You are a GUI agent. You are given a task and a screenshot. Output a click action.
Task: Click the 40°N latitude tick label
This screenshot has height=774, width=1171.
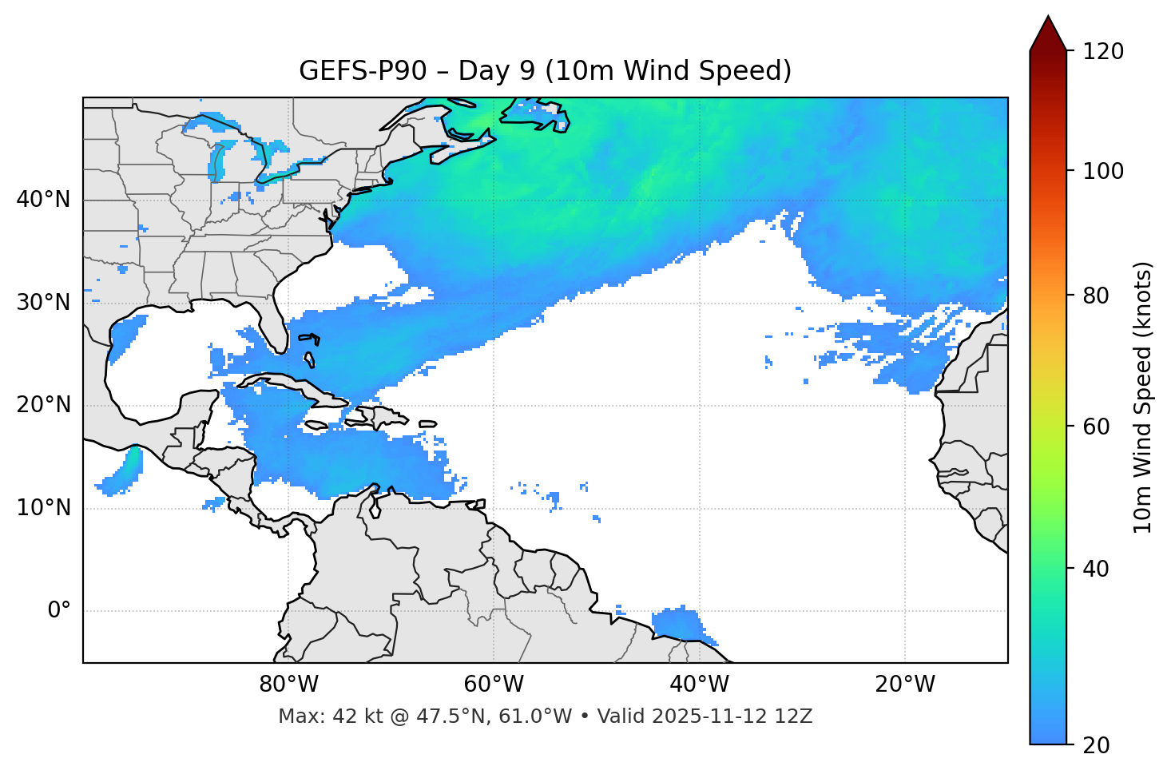tap(43, 200)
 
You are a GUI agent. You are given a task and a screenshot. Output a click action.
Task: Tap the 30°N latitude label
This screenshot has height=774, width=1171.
tap(43, 303)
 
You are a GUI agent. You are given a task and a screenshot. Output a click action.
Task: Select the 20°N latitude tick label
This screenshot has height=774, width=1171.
tap(43, 405)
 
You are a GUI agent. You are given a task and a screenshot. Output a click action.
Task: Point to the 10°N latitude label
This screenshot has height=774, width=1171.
tap(43, 508)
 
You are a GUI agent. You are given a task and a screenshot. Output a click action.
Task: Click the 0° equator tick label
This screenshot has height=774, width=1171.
tap(59, 611)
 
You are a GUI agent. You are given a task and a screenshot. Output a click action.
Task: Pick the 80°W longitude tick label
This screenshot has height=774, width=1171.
tap(288, 685)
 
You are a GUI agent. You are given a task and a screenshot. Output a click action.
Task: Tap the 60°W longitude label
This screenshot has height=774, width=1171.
tap(494, 685)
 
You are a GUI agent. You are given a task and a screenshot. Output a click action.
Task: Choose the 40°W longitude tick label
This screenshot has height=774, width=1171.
tap(699, 685)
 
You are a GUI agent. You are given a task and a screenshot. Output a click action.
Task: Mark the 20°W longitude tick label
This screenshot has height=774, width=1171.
tap(905, 685)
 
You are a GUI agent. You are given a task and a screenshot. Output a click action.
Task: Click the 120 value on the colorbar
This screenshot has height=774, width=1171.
tap(1103, 51)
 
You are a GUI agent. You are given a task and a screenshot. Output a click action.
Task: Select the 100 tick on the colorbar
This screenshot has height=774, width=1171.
tap(1103, 171)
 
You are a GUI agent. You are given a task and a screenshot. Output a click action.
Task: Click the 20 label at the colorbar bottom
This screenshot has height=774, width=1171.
tap(1096, 745)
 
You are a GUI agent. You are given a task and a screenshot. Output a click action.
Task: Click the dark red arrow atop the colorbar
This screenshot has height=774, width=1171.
tap(1048, 34)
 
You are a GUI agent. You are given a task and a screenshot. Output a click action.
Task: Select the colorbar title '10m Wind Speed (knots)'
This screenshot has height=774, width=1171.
tap(1143, 397)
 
